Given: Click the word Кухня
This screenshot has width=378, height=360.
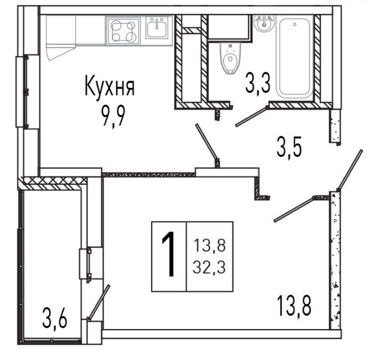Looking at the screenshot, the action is [110, 86].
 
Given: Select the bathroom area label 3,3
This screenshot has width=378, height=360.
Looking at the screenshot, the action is [258, 84].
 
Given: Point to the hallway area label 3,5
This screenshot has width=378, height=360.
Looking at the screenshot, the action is [289, 147].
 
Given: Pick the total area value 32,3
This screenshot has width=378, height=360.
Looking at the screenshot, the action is [209, 268].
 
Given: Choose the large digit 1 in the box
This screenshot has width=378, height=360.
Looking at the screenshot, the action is [169, 254].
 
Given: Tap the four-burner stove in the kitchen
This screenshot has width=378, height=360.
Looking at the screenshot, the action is [123, 31].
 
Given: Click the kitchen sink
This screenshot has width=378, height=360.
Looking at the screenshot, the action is [157, 28].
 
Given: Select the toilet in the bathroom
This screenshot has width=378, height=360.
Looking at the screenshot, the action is [230, 58].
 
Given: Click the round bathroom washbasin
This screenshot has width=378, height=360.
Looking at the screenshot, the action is [264, 23].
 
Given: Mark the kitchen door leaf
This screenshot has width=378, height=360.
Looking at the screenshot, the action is [207, 144].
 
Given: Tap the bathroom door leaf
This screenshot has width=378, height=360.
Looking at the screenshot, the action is [252, 116].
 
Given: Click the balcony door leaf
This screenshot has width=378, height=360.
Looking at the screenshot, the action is [99, 302].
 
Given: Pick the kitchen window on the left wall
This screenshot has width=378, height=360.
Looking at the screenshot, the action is [27, 91].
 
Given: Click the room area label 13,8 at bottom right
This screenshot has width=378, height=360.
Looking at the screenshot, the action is [294, 305].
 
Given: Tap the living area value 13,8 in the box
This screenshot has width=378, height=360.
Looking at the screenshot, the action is [210, 246].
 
